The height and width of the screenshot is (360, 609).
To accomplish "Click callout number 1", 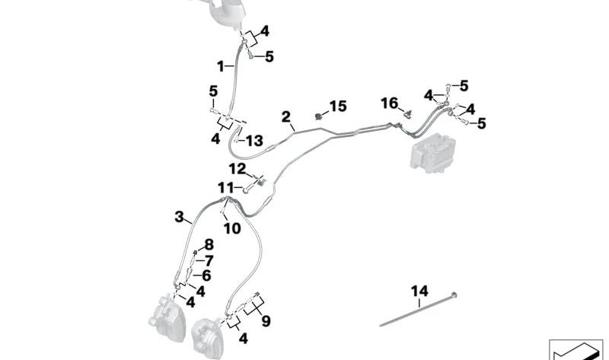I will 220,66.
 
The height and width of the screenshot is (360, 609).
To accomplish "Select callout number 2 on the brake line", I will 285,117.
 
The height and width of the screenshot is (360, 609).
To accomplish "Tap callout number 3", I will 179,217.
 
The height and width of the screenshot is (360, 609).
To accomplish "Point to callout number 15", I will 337,105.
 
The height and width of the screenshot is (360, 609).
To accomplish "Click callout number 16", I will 389,103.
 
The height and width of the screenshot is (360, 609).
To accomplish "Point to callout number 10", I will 231,228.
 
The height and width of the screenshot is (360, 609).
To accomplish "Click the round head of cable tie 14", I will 454,294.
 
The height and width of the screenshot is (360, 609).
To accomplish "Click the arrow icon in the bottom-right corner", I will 575,351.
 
